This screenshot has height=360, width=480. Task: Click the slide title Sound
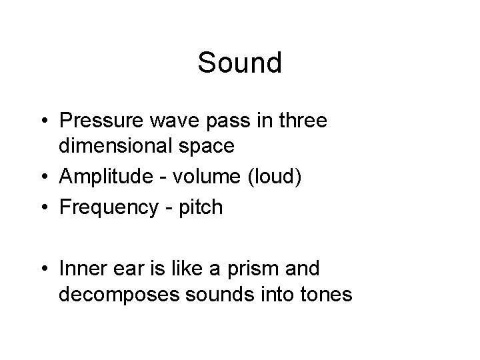(240, 63)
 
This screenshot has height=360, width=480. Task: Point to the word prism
(268, 269)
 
